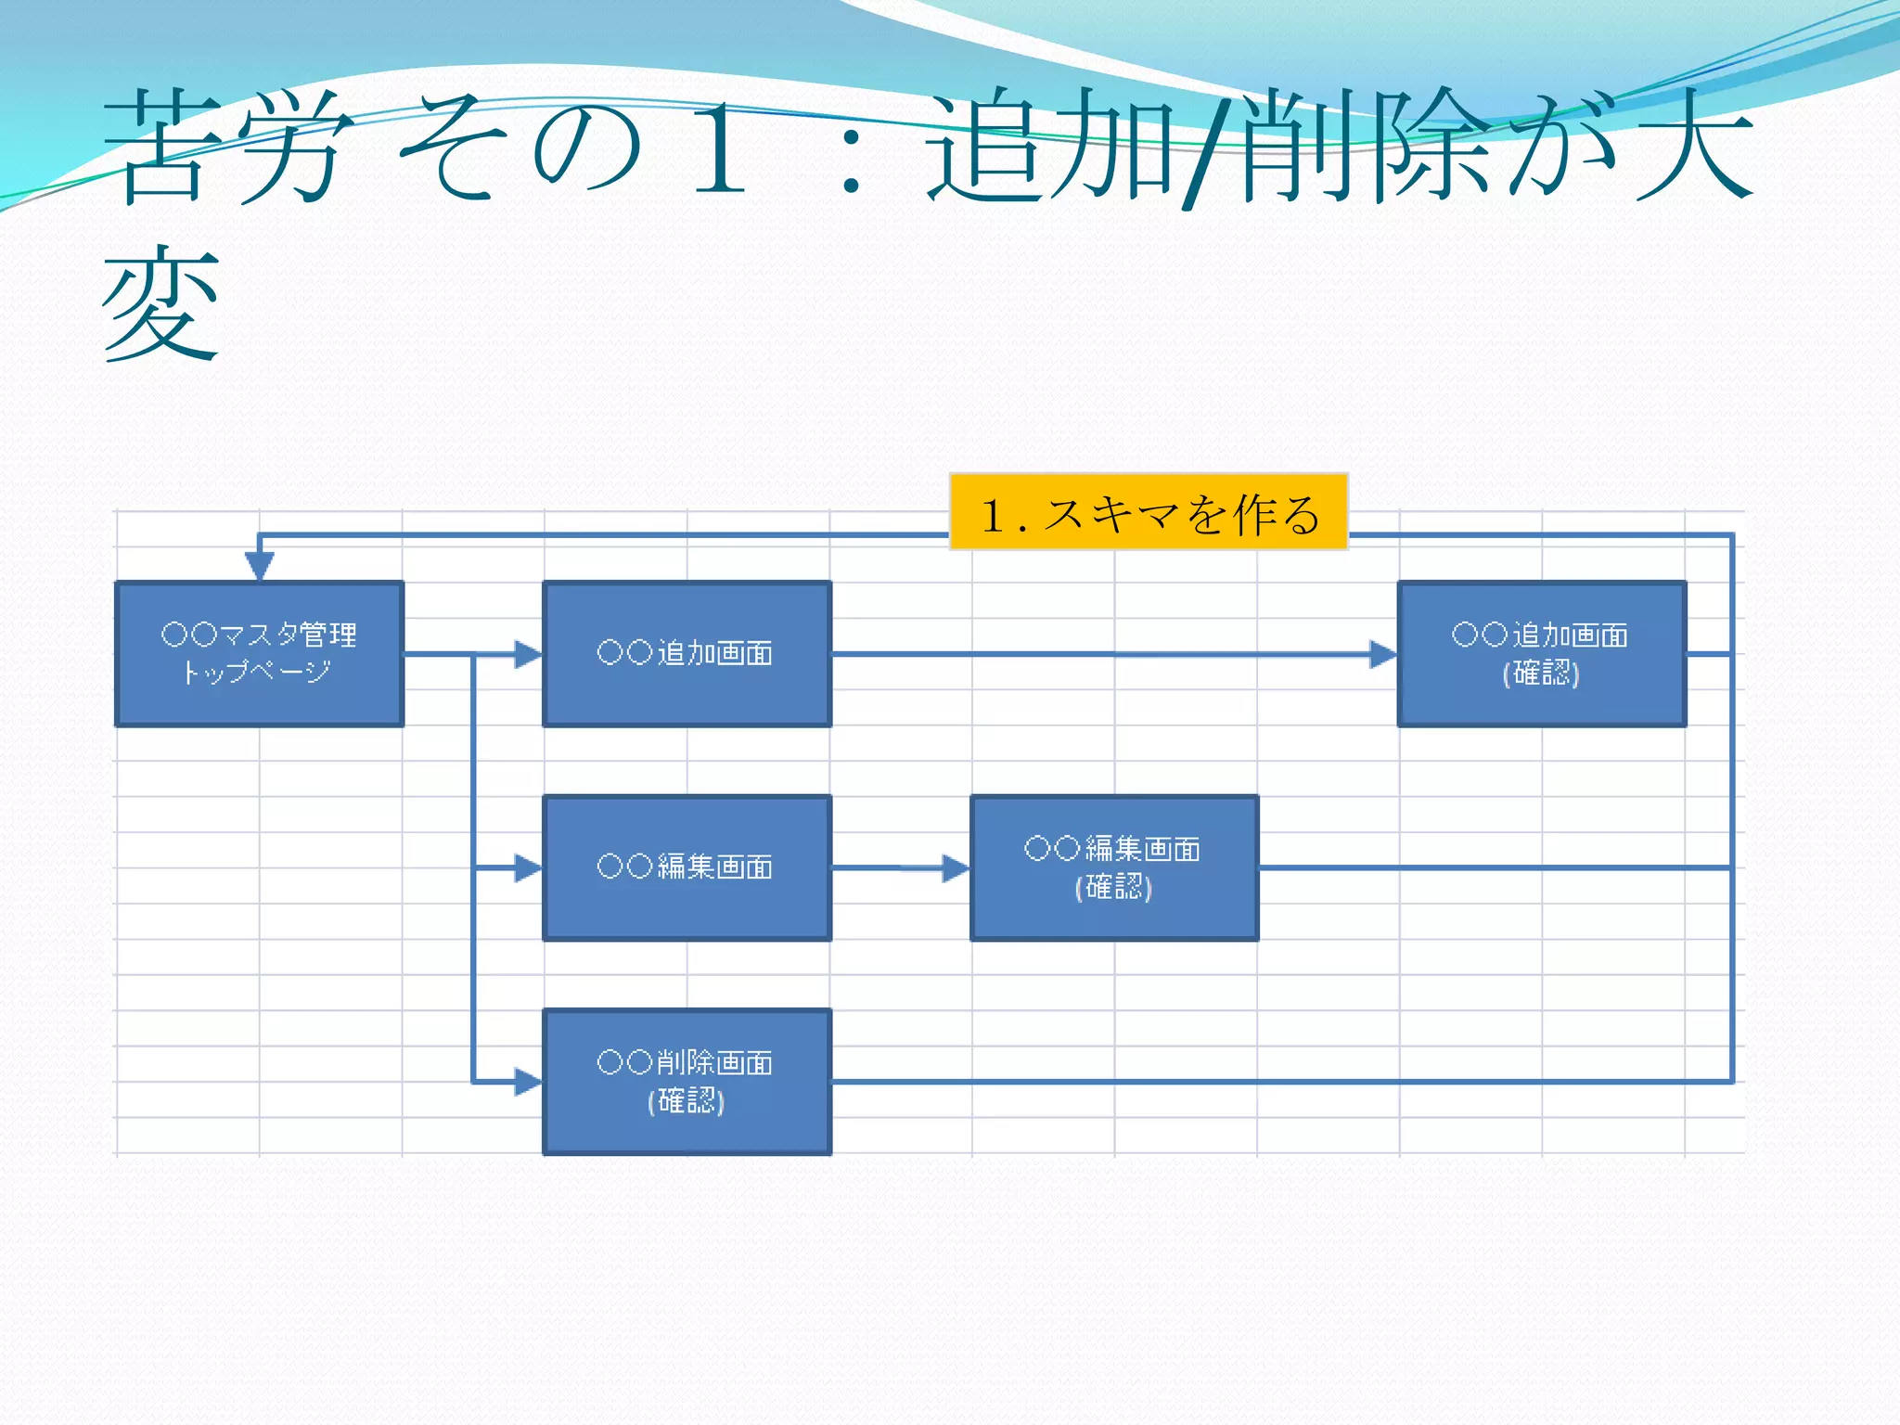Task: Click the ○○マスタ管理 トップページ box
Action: tap(259, 653)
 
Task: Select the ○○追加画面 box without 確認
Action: tap(687, 653)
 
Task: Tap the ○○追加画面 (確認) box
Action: tap(1541, 653)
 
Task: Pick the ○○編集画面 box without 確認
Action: tap(687, 867)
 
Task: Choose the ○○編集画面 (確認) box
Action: tap(1113, 867)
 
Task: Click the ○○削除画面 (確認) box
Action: tap(687, 1082)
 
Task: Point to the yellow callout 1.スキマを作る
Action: tap(1149, 512)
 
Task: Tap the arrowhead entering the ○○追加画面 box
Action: tap(528, 654)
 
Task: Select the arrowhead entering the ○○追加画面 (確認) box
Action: tap(1382, 654)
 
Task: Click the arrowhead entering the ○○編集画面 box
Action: tap(528, 868)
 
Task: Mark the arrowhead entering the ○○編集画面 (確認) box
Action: tap(956, 868)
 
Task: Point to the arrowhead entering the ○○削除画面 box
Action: tap(528, 1082)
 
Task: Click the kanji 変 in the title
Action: tap(161, 302)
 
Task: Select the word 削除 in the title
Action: tap(1364, 147)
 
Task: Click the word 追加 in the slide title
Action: tap(1053, 147)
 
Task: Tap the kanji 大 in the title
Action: tap(1693, 147)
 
